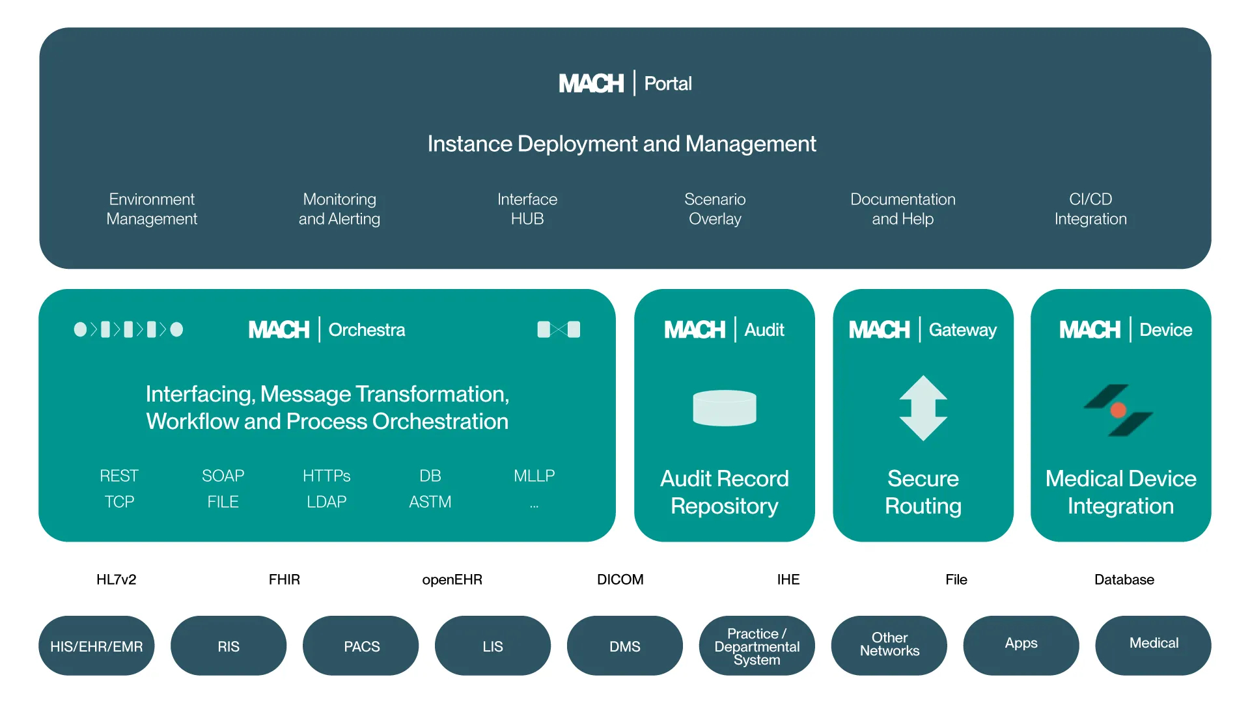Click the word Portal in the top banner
click(667, 83)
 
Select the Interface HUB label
click(527, 209)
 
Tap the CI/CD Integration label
click(1090, 209)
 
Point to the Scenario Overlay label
click(715, 209)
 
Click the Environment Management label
click(152, 209)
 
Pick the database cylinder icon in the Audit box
click(725, 408)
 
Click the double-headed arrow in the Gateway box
click(923, 408)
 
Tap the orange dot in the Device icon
click(1118, 410)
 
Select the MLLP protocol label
click(534, 476)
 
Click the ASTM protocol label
click(430, 502)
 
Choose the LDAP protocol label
click(326, 502)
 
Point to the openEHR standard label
click(452, 579)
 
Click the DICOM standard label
click(620, 579)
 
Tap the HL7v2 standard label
click(116, 579)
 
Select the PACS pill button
click(361, 646)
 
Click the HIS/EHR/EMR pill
click(96, 646)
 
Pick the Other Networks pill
click(889, 644)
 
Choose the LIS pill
click(493, 646)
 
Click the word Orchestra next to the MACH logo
click(367, 330)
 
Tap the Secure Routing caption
click(923, 492)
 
